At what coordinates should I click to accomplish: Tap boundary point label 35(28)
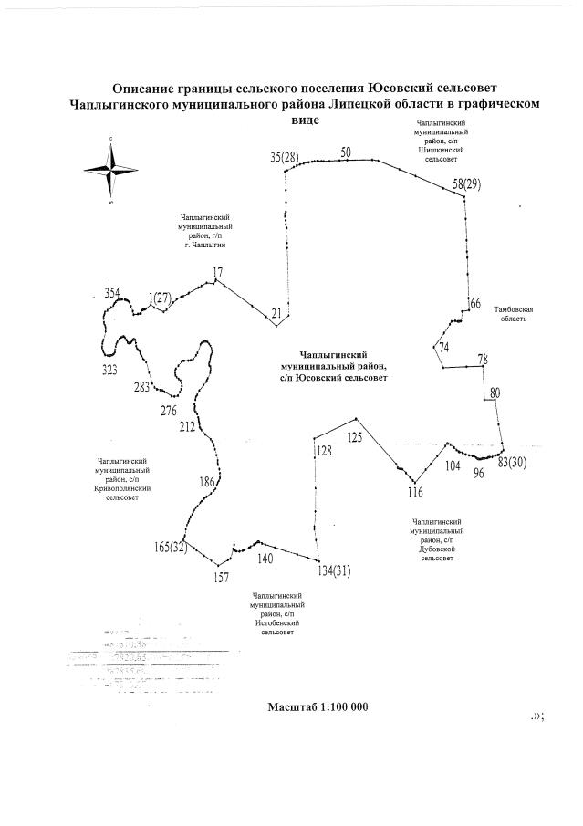pyautogui.click(x=285, y=157)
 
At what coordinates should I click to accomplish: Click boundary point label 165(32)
pyautogui.click(x=171, y=547)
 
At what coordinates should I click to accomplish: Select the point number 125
pyautogui.click(x=354, y=437)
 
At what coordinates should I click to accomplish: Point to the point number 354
pyautogui.click(x=112, y=292)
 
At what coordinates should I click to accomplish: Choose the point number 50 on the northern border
pyautogui.click(x=346, y=152)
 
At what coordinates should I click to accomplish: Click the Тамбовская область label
pyautogui.click(x=514, y=315)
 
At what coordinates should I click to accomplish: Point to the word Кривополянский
pyautogui.click(x=121, y=488)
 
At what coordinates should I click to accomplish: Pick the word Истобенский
pyautogui.click(x=278, y=622)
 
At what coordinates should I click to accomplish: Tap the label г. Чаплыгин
pyautogui.click(x=204, y=246)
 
